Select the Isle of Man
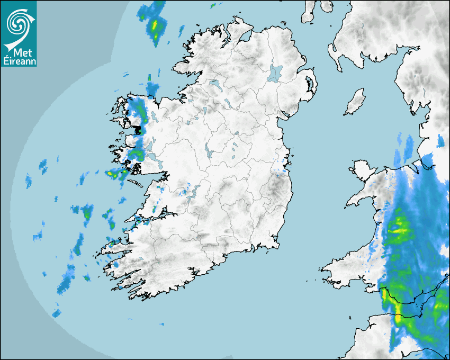click(x=355, y=102)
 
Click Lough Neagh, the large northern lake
click(x=275, y=73)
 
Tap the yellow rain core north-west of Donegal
click(x=155, y=25)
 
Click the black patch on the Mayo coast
click(x=139, y=129)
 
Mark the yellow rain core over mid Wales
click(x=399, y=229)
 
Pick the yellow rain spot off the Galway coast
click(x=112, y=173)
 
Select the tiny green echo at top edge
click(x=213, y=6)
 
